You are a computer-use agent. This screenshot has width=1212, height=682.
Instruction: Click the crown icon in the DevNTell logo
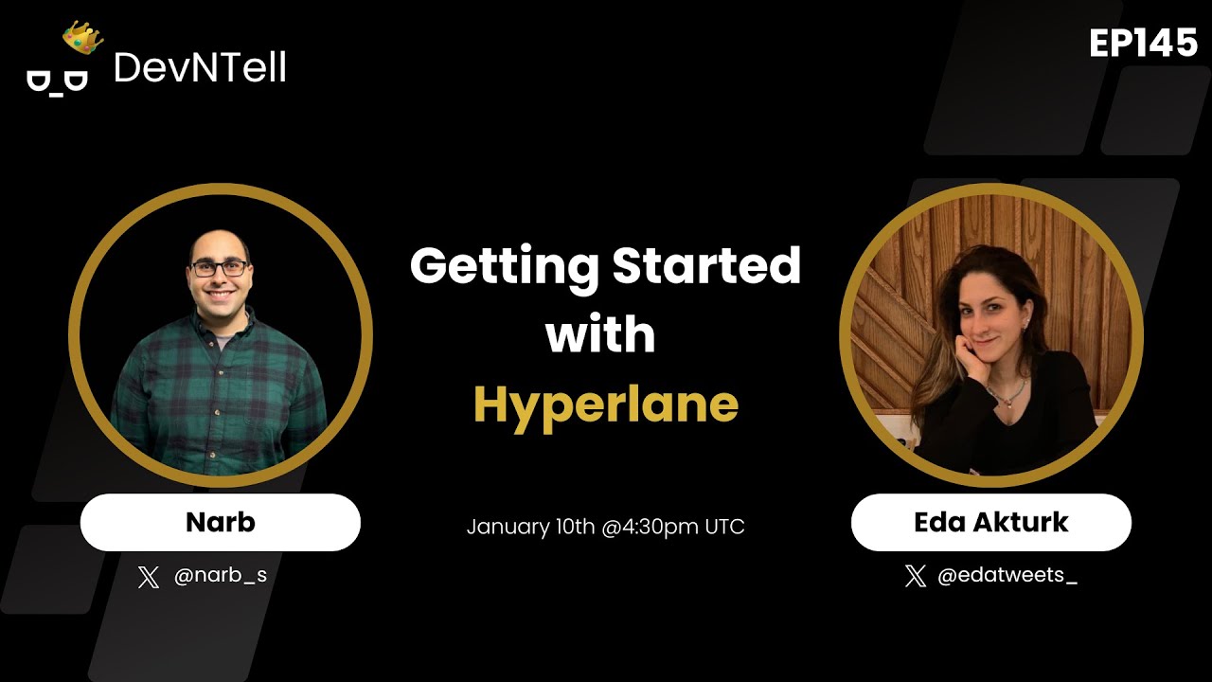click(83, 38)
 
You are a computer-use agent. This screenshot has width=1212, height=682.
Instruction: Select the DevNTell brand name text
click(200, 67)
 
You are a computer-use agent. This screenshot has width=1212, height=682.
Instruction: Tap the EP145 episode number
click(1143, 44)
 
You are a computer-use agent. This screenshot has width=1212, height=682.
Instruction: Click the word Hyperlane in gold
click(605, 404)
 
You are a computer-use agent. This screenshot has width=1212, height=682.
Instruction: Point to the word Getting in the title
click(504, 267)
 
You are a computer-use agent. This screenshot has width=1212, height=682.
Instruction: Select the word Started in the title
click(706, 267)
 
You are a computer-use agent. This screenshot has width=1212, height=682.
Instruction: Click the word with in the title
click(600, 335)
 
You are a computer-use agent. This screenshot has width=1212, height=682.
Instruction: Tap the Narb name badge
click(221, 522)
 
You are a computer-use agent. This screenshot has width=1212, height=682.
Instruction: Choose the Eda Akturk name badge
click(990, 522)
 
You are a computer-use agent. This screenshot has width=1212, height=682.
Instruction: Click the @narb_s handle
click(221, 576)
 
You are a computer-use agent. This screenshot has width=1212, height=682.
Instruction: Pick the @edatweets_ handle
click(1007, 576)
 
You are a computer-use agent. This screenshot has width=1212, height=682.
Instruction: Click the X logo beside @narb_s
click(149, 577)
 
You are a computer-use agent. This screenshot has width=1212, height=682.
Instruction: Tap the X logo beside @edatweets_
click(915, 576)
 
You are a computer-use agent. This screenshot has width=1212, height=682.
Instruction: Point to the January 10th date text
click(530, 527)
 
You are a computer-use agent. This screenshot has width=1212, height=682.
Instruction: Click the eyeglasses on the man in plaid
click(219, 268)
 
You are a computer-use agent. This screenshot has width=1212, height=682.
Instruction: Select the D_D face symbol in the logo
click(57, 81)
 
